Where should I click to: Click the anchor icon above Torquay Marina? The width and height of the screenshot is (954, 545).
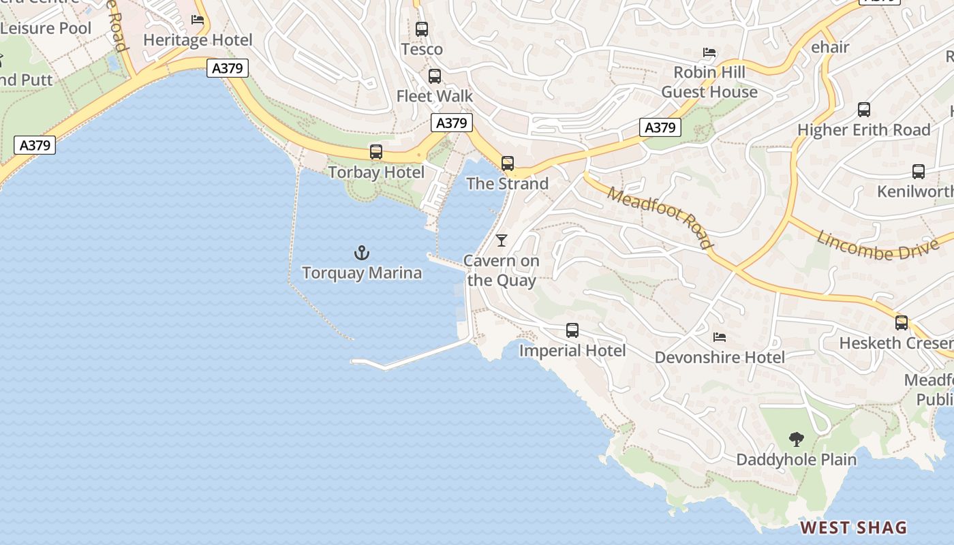[x=362, y=253]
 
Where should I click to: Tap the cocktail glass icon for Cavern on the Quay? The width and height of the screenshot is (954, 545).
[x=502, y=240]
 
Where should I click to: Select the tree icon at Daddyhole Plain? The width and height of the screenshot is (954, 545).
[x=796, y=439]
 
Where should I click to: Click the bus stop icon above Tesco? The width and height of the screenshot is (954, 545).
[x=422, y=29]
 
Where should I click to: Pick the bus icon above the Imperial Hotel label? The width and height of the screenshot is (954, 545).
[x=572, y=330]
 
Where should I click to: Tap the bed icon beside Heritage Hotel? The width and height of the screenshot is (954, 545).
[x=198, y=20]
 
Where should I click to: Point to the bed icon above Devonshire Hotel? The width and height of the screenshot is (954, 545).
[x=720, y=337]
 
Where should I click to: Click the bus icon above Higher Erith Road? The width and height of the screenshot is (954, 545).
[x=864, y=110]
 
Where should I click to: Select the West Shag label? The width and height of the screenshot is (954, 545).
[x=853, y=527]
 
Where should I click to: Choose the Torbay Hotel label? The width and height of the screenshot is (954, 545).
[x=376, y=172]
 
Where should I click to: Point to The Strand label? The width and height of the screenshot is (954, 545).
[x=508, y=184]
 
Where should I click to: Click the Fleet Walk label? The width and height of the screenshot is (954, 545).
[x=435, y=96]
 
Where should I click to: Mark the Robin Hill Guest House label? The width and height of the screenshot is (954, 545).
[x=709, y=82]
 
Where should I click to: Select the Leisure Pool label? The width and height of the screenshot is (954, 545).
[x=46, y=28]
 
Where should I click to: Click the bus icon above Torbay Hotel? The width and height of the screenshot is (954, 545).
[x=376, y=152]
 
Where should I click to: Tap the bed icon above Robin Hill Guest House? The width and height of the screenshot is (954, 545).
[x=709, y=52]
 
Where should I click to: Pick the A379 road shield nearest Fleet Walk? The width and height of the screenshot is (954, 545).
[x=451, y=123]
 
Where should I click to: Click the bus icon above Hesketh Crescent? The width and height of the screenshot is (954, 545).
[x=902, y=323]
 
